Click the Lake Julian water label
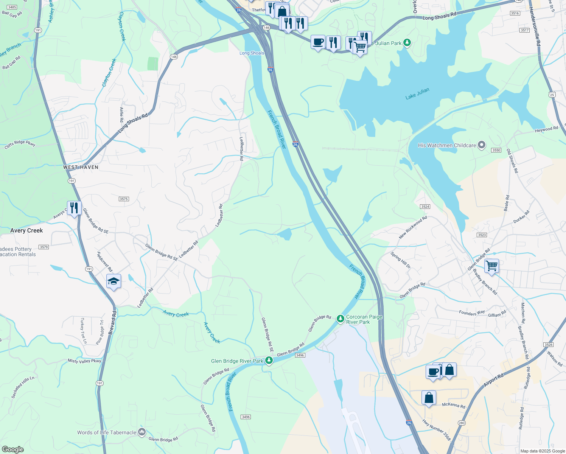(x=417, y=94)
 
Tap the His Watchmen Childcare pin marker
(x=482, y=145)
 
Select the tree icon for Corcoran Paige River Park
(x=341, y=319)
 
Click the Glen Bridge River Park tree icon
(x=269, y=361)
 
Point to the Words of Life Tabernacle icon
(x=142, y=432)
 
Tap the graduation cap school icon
(x=114, y=281)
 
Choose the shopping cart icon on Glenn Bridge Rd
(x=491, y=266)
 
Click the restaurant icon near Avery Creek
(x=74, y=208)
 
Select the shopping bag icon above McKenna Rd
(x=429, y=398)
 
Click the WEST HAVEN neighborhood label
(x=81, y=167)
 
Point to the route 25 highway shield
(x=552, y=95)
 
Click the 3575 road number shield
(x=124, y=199)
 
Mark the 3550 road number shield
(x=496, y=150)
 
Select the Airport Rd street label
(x=493, y=380)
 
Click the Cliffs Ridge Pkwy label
(x=20, y=144)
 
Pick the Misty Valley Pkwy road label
(x=84, y=361)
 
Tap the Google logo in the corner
(x=12, y=449)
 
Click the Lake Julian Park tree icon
(x=407, y=42)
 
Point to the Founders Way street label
(x=472, y=313)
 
